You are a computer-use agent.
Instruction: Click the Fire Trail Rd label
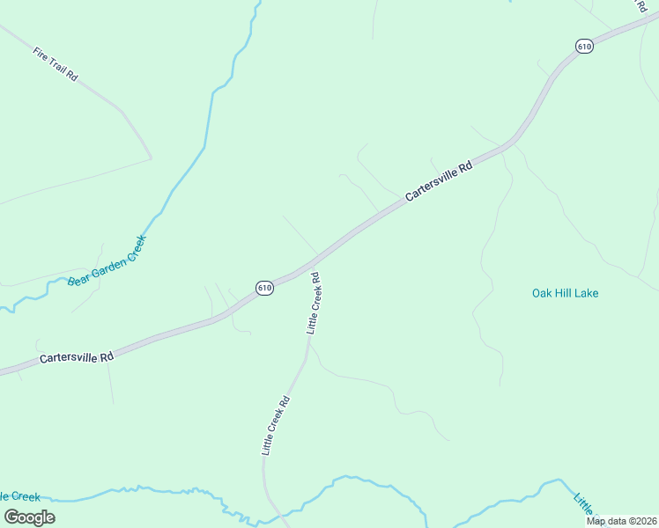tap(56, 64)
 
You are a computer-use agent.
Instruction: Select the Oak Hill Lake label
tap(565, 293)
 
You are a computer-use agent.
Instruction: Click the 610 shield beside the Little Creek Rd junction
tap(265, 288)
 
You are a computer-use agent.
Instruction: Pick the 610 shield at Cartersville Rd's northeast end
tap(584, 47)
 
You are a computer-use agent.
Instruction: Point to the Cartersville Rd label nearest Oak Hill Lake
tap(440, 180)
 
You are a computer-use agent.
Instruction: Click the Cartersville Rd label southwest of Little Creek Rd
tap(77, 358)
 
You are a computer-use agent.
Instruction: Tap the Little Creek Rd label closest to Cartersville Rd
tap(313, 303)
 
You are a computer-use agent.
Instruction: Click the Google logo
tap(29, 517)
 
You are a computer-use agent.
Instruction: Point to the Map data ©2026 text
tap(621, 521)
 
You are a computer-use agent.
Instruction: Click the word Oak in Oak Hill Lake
tap(543, 293)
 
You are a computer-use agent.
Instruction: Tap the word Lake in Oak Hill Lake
tap(586, 293)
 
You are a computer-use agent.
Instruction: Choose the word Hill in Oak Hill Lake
tap(564, 293)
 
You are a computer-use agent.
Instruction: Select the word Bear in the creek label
tap(78, 279)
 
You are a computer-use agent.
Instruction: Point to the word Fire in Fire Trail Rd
tap(41, 53)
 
